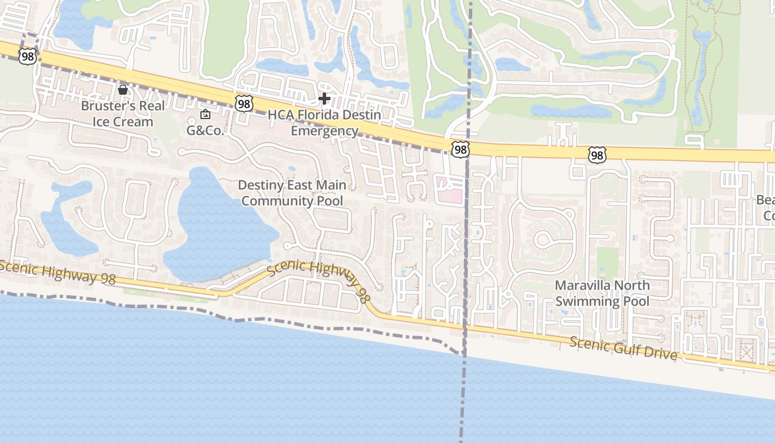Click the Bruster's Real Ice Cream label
click(x=122, y=114)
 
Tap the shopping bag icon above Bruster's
click(x=122, y=89)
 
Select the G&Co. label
click(x=205, y=131)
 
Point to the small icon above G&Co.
click(x=205, y=115)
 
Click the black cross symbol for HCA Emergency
click(x=324, y=99)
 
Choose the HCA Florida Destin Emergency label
click(x=324, y=123)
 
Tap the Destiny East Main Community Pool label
click(x=292, y=193)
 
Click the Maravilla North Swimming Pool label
click(x=602, y=293)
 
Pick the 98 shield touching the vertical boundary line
click(x=460, y=149)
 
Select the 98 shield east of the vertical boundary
click(x=596, y=155)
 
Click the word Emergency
click(x=324, y=131)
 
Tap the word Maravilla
click(x=587, y=286)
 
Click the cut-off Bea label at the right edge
click(x=766, y=200)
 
